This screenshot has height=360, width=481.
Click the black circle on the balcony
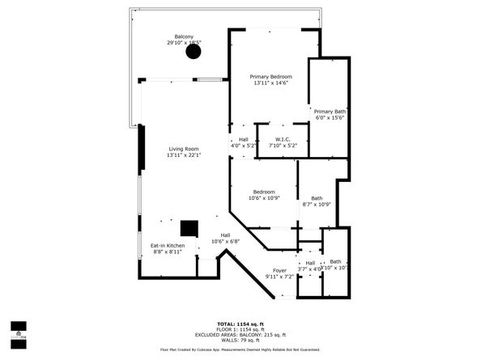coord(193,52)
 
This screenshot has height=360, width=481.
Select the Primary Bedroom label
coord(270,79)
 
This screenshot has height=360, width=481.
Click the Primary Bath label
coord(330,114)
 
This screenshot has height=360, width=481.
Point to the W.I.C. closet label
coord(283,142)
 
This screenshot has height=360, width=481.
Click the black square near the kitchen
coord(189,227)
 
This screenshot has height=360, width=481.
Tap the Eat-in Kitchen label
coord(168,248)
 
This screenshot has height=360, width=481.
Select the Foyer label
coord(279,273)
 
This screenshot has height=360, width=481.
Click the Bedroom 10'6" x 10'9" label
coord(263,195)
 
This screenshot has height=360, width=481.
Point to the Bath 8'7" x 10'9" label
coord(317,201)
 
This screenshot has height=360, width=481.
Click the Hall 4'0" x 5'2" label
coord(243,142)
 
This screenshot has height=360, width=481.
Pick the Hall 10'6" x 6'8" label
coord(225,238)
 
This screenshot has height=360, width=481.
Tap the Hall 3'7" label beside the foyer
coord(310,265)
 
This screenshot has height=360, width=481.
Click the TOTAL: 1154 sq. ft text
coord(240,324)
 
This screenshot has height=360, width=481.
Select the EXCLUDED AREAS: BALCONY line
coord(240,334)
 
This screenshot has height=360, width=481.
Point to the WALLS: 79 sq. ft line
coord(240,340)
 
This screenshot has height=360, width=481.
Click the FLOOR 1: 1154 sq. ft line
coord(240,329)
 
